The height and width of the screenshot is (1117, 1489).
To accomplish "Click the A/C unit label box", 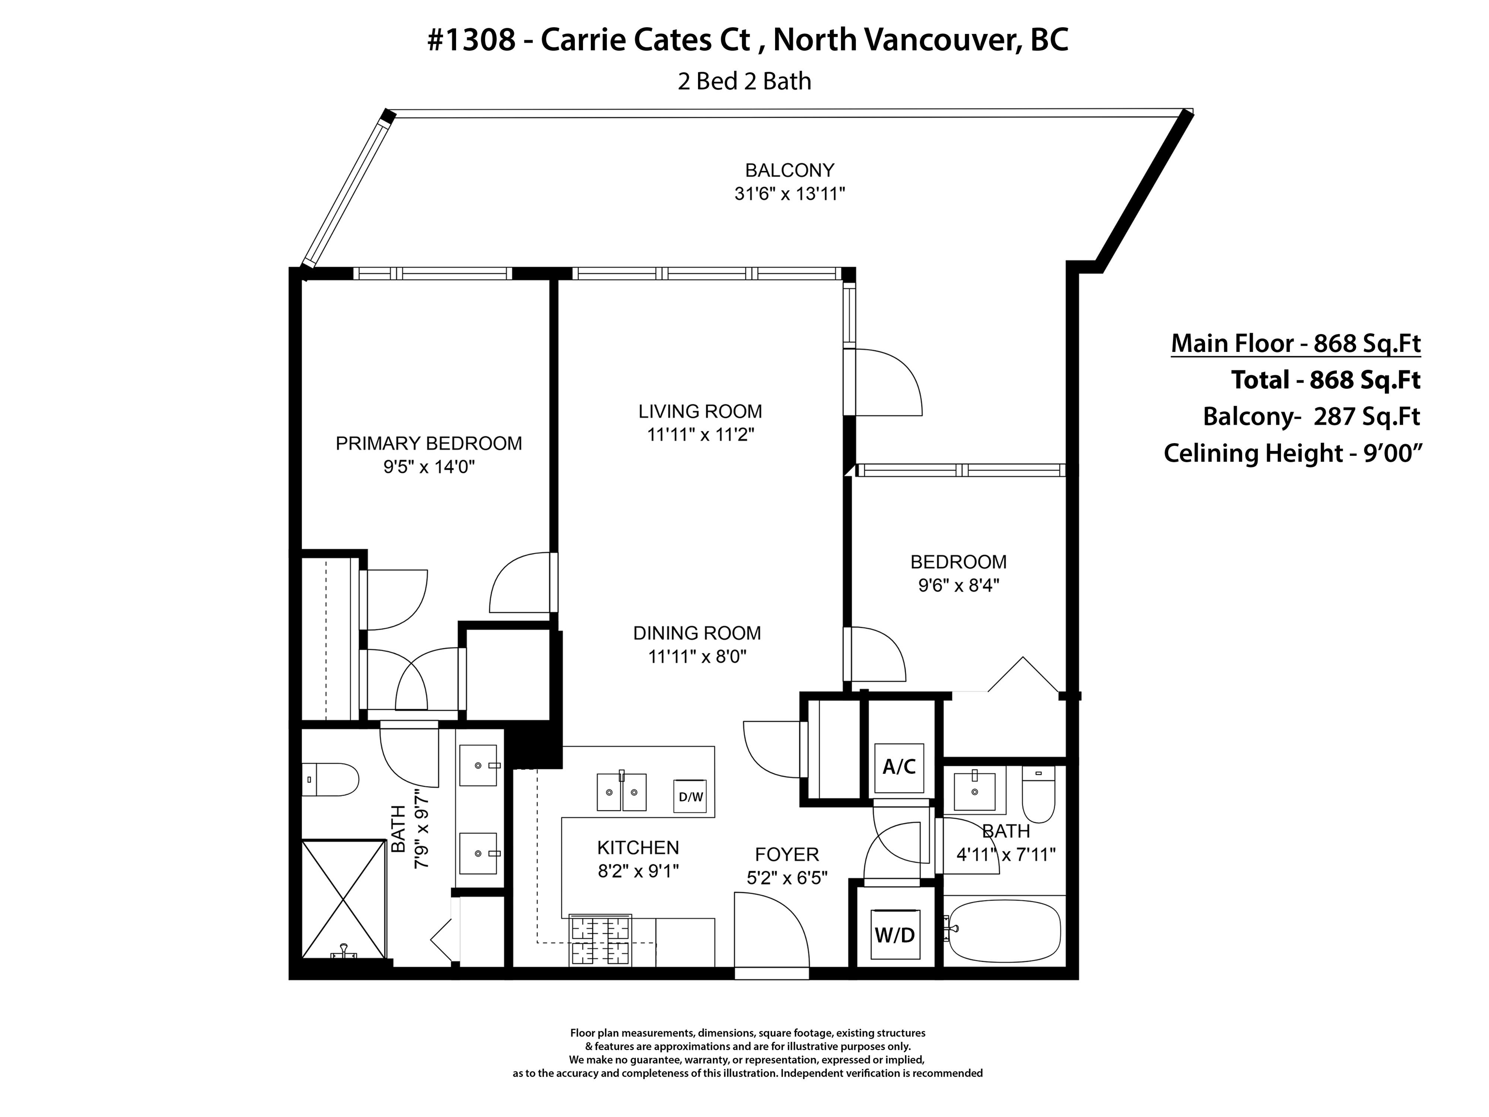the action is click(x=899, y=767).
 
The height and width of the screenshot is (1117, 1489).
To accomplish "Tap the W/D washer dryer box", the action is click(x=895, y=935).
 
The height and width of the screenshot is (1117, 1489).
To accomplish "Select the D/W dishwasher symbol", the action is click(x=691, y=797).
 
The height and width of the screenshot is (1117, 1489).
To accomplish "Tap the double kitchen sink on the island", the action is click(x=621, y=791).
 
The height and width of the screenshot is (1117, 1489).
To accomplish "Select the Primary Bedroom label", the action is click(x=429, y=444).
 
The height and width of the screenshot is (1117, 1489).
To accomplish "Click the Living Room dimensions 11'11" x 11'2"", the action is click(x=700, y=435).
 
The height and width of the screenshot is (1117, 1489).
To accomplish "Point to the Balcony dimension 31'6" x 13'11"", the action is click(x=790, y=194).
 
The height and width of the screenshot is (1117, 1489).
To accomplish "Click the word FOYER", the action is click(x=787, y=854).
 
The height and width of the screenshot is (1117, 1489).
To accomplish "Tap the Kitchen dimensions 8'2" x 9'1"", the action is click(x=638, y=871).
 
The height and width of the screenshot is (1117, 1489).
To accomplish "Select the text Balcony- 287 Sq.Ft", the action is click(x=1311, y=417).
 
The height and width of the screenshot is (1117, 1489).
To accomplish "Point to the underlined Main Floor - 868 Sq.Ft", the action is click(x=1296, y=343).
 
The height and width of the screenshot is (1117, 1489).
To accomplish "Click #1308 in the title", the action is click(x=471, y=40).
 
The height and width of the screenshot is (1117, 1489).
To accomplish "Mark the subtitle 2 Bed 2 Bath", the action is click(x=744, y=81).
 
